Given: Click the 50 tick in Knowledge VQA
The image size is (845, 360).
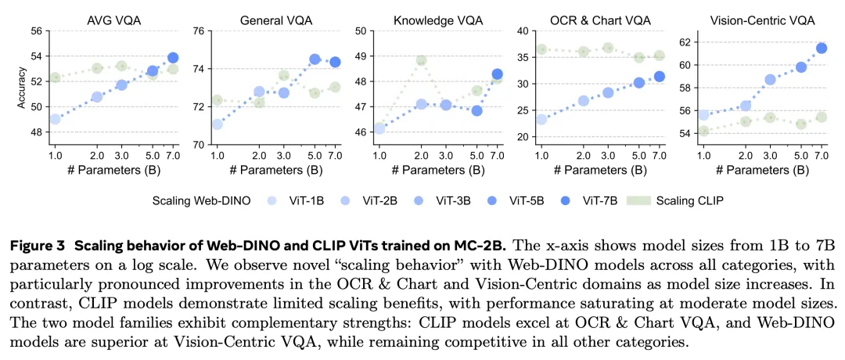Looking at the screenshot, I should coord(360,31).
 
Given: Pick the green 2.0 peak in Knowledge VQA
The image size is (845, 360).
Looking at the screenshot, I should coord(422,60).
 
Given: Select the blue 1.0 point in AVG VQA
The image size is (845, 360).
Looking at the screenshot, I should coord(55,119).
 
